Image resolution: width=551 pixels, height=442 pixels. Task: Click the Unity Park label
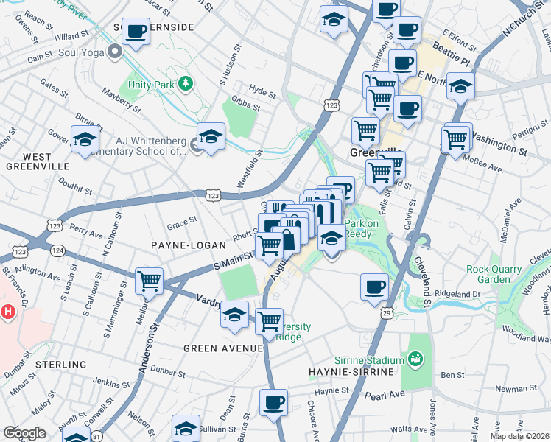click(x=152, y=85)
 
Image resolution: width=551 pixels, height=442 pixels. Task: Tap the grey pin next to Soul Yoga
click(x=114, y=52)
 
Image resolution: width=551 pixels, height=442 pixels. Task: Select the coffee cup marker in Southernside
click(x=136, y=32)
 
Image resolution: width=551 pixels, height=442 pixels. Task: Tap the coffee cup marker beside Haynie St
click(x=274, y=403)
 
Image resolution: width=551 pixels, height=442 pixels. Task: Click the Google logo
click(x=24, y=432)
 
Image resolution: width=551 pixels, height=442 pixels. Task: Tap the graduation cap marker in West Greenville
click(x=85, y=138)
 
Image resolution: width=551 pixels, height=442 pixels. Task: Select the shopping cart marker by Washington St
click(x=456, y=138)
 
